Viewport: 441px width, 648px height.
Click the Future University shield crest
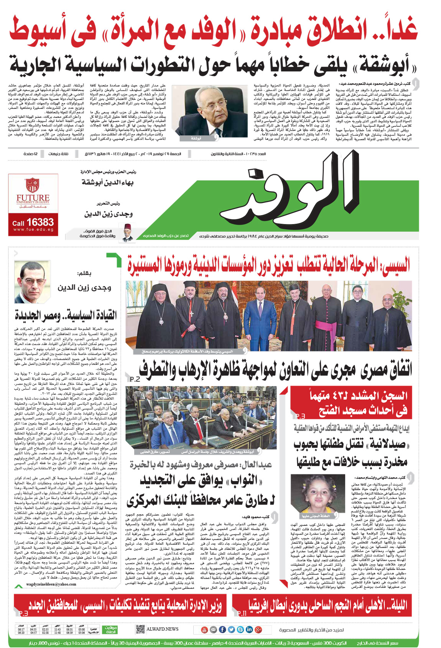(32, 185)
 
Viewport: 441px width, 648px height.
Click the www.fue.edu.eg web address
(33, 230)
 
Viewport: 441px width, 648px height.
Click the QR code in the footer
(140, 629)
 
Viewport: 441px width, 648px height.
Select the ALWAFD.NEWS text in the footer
(162, 629)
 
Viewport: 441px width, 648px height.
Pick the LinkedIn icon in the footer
(249, 630)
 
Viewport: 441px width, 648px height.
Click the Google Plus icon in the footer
(258, 630)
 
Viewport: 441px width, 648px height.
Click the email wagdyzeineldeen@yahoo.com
(51, 584)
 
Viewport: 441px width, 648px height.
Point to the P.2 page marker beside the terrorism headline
(135, 379)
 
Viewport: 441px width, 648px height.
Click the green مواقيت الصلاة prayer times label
(111, 630)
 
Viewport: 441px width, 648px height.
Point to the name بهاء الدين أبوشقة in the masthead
(107, 182)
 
